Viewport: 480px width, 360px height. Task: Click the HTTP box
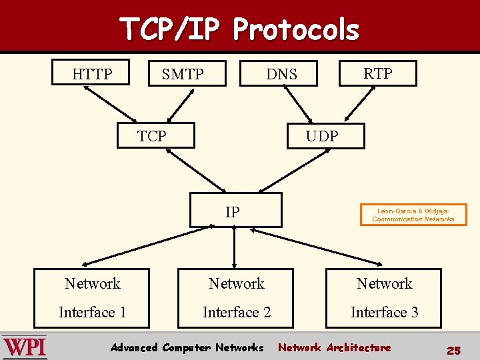(92, 73)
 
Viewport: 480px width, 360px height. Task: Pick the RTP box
(377, 73)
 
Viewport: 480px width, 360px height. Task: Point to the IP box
(235, 212)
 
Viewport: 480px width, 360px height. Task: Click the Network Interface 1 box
(93, 298)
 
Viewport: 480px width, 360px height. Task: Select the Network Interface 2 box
(236, 298)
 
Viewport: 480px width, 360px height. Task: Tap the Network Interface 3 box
(384, 298)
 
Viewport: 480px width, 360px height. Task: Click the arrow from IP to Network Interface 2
(235, 249)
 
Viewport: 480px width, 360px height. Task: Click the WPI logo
(25, 348)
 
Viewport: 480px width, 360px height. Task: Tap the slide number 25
(453, 350)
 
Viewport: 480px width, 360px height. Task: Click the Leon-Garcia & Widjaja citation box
(413, 215)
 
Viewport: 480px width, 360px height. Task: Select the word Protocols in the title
(296, 29)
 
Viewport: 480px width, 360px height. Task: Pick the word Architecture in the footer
(359, 347)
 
